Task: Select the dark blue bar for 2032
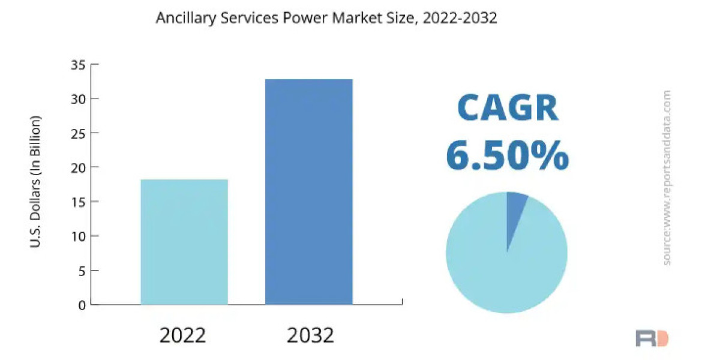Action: coord(308,192)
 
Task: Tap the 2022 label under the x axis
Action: coord(182,335)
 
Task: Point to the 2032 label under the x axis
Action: coord(310,335)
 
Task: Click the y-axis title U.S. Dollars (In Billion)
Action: coord(35,181)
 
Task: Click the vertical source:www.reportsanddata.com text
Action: coord(667,178)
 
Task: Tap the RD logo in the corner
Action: coord(652,338)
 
